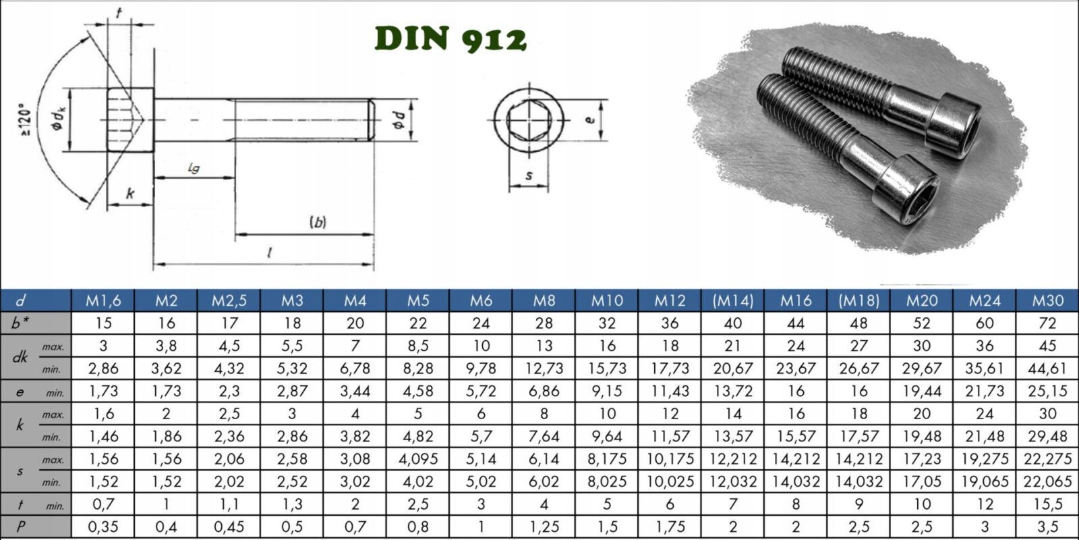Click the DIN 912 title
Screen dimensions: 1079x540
(x=450, y=38)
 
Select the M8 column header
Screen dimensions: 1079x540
(x=544, y=301)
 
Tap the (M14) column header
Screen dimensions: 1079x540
(x=732, y=301)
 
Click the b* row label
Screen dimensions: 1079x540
(x=20, y=323)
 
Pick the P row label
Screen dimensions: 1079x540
(x=20, y=527)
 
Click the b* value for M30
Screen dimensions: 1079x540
(x=1047, y=323)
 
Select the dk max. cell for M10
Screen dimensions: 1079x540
(x=607, y=346)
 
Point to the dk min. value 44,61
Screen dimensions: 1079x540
(x=1047, y=369)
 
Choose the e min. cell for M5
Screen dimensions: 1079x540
(x=417, y=391)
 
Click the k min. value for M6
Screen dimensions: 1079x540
(x=482, y=436)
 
